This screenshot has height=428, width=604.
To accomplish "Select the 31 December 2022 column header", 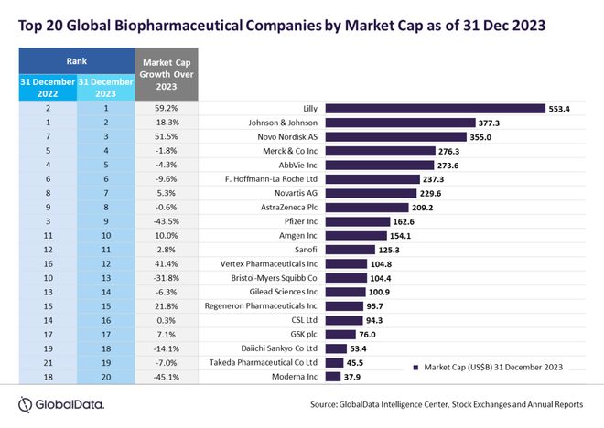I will [45, 88].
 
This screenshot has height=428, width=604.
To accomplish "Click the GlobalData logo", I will [60, 403].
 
